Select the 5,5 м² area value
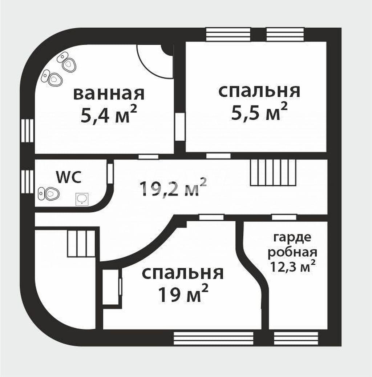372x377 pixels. pos(259,111)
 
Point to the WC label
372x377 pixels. pos(69,177)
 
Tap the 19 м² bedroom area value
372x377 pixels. pos(183,293)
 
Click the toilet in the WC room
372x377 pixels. pos(49,193)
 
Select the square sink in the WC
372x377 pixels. pos(82,199)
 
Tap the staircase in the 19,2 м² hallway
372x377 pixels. pos(274,172)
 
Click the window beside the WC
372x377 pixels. pos(27,181)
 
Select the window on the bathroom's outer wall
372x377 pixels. pos(27,131)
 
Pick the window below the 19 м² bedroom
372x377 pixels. pos(213,338)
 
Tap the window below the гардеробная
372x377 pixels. pos(296,338)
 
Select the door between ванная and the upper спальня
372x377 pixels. pos(179,127)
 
